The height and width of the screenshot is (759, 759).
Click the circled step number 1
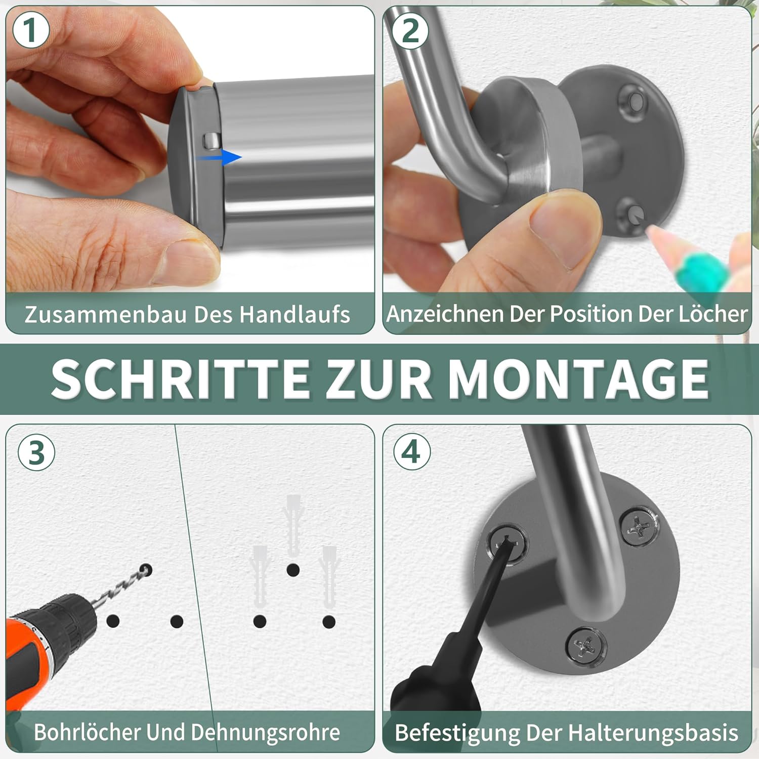[30, 30]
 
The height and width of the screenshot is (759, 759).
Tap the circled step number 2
[410, 31]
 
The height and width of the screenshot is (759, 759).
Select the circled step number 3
[36, 452]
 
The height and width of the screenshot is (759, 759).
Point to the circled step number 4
[412, 451]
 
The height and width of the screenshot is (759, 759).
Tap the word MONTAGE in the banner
[578, 379]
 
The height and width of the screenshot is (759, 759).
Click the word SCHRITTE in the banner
[181, 379]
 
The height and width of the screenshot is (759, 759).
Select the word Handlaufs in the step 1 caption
[294, 314]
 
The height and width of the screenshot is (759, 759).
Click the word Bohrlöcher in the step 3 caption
[87, 732]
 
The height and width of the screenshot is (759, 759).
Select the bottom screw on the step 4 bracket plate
[586, 645]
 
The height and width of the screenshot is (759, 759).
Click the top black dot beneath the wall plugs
[293, 570]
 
